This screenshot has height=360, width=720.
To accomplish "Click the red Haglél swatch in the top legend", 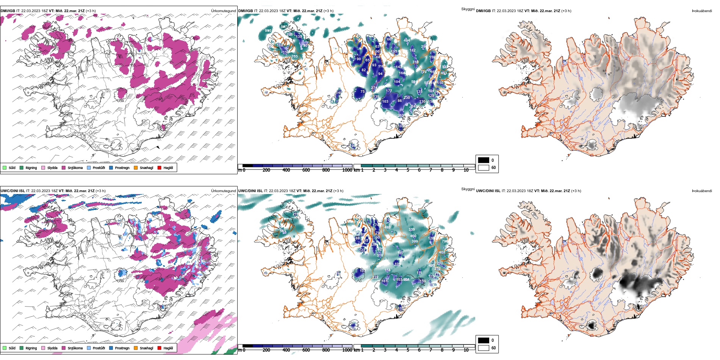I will pyautogui.click(x=160, y=167).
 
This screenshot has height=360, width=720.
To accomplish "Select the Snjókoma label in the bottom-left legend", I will pyautogui.click(x=75, y=348).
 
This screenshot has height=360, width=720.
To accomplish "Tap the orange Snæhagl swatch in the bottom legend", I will pyautogui.click(x=136, y=348).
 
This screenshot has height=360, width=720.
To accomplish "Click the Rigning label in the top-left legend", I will pyautogui.click(x=31, y=168).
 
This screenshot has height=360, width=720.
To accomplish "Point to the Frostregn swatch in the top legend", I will pyautogui.click(x=111, y=167).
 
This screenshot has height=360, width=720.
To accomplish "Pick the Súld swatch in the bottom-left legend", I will pyautogui.click(x=5, y=348).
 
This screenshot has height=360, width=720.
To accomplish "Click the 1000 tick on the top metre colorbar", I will pyautogui.click(x=347, y=170).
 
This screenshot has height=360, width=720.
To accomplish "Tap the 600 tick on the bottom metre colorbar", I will pyautogui.click(x=306, y=350).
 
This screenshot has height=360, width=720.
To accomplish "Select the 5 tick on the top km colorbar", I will pyautogui.click(x=408, y=170).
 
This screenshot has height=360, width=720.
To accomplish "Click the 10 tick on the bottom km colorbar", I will pyautogui.click(x=466, y=350).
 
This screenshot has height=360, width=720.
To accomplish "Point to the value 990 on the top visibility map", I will pyautogui.click(x=268, y=31).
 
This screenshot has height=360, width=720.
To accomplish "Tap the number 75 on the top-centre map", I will pyautogui.click(x=362, y=91).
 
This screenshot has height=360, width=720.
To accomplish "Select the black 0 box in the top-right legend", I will pyautogui.click(x=484, y=160).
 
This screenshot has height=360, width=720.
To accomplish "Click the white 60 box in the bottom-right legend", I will pyautogui.click(x=484, y=347).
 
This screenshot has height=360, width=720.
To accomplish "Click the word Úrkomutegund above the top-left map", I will pyautogui.click(x=223, y=11).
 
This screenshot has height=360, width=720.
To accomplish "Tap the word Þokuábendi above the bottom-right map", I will pyautogui.click(x=702, y=191).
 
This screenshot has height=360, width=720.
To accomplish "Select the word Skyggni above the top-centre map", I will pyautogui.click(x=468, y=9).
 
